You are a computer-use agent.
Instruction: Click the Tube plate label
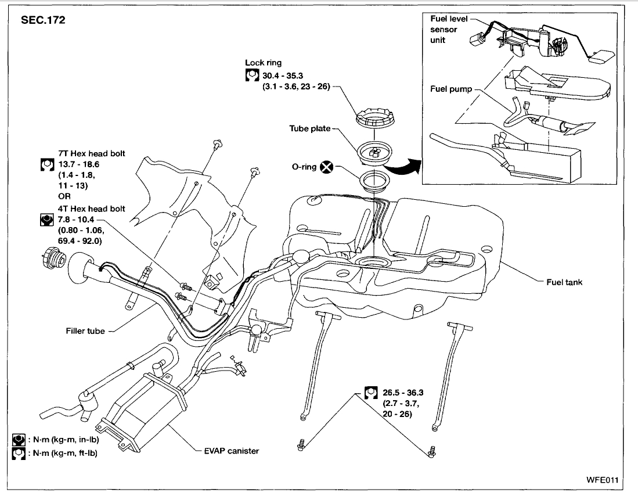coord(310,128)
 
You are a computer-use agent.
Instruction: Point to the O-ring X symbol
coord(327,167)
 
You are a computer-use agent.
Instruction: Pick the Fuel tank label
coord(564,282)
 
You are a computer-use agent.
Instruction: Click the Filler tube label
coord(85,331)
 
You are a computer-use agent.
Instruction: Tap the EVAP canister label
coord(231,451)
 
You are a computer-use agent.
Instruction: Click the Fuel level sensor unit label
coord(444,29)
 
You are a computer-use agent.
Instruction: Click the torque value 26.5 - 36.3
coord(403,393)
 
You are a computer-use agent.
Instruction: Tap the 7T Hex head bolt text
coord(92,154)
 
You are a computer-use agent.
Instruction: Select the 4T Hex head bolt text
coord(92,209)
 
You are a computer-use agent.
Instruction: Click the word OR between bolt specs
coord(64,196)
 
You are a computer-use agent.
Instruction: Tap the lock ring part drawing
coord(372,118)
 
